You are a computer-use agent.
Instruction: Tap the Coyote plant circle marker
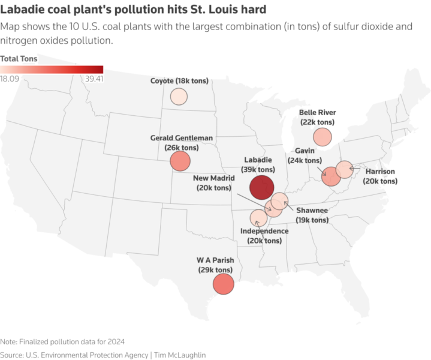(x=179, y=96)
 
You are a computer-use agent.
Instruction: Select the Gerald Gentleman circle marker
(x=180, y=161)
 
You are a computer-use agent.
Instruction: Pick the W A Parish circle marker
(x=222, y=284)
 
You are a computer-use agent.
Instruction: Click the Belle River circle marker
(x=322, y=137)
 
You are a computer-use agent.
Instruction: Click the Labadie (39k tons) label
(x=258, y=165)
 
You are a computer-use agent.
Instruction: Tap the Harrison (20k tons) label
(x=380, y=176)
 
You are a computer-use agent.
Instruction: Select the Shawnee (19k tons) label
(x=312, y=215)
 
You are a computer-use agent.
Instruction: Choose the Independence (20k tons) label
(x=264, y=236)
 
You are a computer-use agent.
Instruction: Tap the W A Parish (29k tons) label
(x=215, y=265)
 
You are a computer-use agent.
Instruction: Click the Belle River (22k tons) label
(x=317, y=117)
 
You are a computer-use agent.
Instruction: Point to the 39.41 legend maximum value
(x=95, y=78)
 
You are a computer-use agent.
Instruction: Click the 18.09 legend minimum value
(x=10, y=78)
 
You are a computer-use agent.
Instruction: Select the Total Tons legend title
(x=19, y=59)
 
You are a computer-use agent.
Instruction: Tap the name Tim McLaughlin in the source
(x=180, y=355)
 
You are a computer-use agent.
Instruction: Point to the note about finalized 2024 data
(x=62, y=341)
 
